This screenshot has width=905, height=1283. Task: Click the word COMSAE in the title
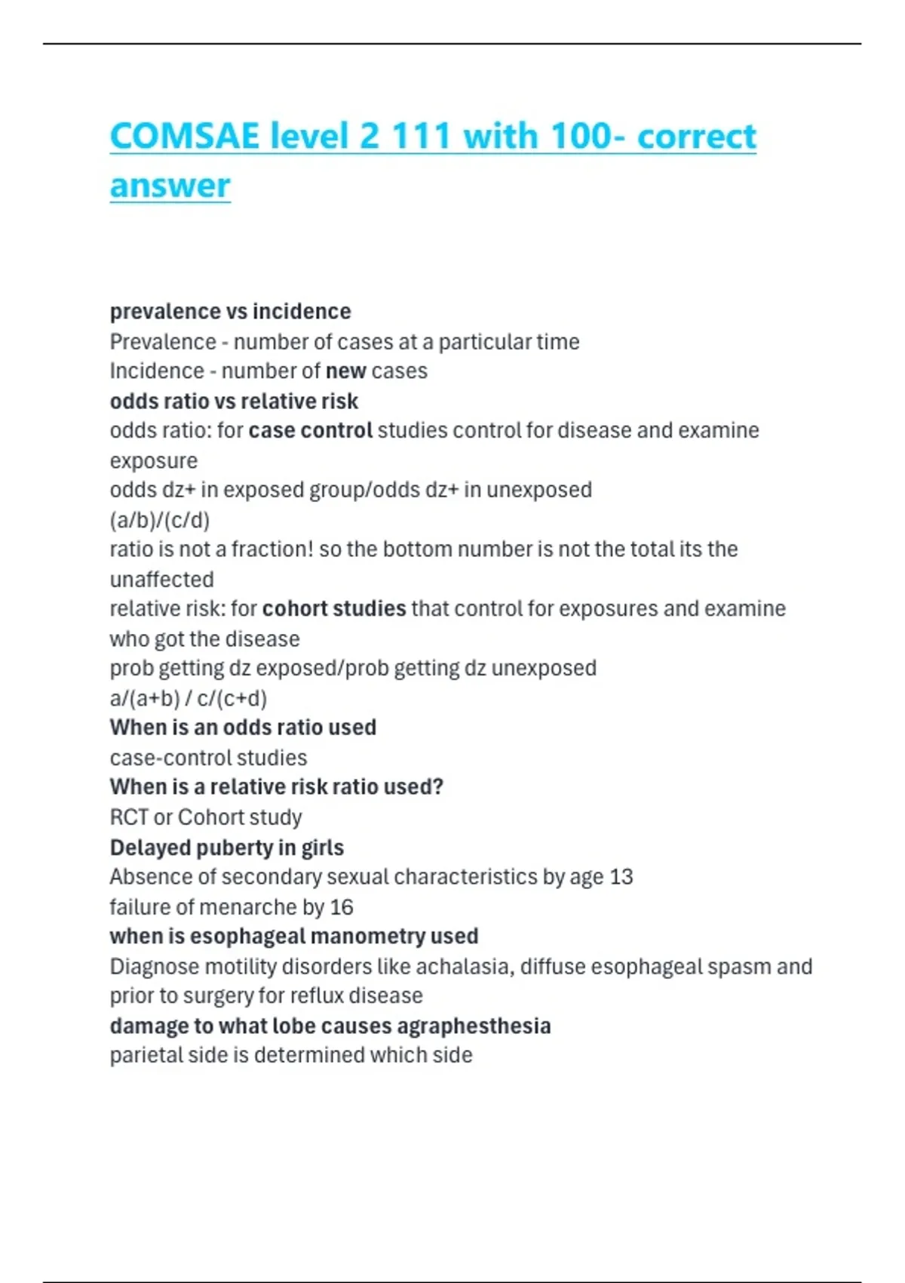[185, 137]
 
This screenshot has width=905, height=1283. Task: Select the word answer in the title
[170, 186]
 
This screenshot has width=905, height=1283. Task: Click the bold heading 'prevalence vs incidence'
[230, 312]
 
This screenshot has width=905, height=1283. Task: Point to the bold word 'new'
[345, 371]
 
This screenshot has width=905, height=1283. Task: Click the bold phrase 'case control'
[311, 430]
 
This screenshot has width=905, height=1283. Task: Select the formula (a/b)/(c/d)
[159, 520]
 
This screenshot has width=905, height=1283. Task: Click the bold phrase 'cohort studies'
[334, 608]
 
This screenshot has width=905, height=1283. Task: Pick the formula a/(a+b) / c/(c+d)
[189, 698]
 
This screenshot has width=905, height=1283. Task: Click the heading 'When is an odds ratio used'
[243, 728]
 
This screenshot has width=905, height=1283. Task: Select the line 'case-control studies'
[208, 758]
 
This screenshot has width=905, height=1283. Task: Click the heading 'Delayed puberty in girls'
[226, 848]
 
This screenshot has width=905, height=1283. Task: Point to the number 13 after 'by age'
[621, 877]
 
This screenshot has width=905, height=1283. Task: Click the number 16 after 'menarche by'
[341, 907]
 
